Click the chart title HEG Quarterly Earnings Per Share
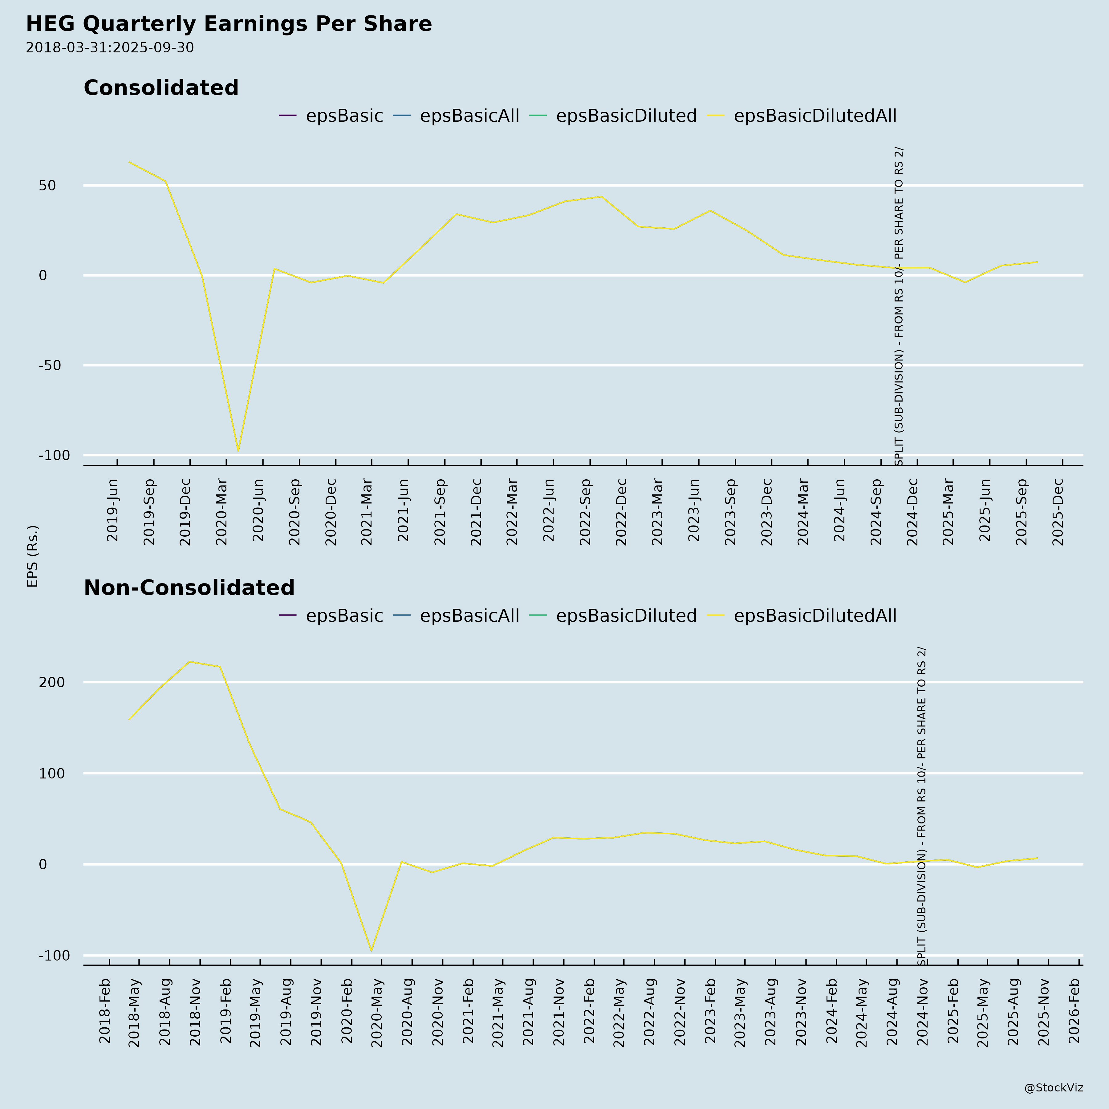coord(229,24)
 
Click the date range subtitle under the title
coord(110,48)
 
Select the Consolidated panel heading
coord(161,88)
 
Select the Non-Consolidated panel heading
coord(189,588)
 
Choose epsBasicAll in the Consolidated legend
coord(469,116)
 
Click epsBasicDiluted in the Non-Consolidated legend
coord(626,616)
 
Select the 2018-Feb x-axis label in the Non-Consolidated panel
coord(104,1011)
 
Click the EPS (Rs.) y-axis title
coord(33,556)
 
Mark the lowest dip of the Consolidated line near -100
coord(238,451)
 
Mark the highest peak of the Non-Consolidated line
coord(189,662)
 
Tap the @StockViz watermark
coord(1053,1088)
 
